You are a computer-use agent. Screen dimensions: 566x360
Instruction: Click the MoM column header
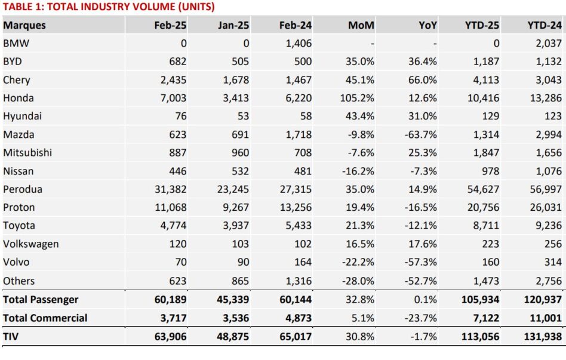pyautogui.click(x=361, y=25)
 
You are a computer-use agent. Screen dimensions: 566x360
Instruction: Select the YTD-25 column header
pyautogui.click(x=482, y=25)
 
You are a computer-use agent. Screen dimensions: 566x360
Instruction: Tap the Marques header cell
pyautogui.click(x=24, y=26)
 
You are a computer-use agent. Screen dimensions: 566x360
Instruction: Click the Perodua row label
pyautogui.click(x=23, y=189)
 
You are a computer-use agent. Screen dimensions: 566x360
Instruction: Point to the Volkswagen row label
pyautogui.click(x=31, y=244)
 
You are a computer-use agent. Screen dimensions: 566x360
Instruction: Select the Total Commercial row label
pyautogui.click(x=45, y=318)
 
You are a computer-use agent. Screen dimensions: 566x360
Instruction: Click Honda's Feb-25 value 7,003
pyautogui.click(x=173, y=99)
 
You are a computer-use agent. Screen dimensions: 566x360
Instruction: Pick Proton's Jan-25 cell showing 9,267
pyautogui.click(x=233, y=208)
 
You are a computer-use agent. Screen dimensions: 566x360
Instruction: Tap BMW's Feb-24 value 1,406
pyautogui.click(x=299, y=44)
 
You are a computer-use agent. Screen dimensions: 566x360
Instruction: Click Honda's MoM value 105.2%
pyautogui.click(x=357, y=99)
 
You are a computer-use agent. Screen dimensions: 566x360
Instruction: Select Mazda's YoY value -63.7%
pyautogui.click(x=420, y=135)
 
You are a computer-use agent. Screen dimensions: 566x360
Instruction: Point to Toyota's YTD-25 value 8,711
pyautogui.click(x=486, y=226)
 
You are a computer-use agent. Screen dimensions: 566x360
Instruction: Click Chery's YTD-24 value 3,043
pyautogui.click(x=549, y=80)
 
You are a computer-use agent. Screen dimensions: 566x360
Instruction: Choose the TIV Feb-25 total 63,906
pyautogui.click(x=170, y=337)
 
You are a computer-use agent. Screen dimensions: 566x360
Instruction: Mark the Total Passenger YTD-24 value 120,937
pyautogui.click(x=543, y=300)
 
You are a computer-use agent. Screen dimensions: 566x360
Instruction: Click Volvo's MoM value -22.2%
pyautogui.click(x=358, y=262)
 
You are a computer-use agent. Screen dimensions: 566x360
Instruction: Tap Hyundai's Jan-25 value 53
pyautogui.click(x=243, y=116)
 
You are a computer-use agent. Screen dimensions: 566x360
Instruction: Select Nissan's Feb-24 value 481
pyautogui.click(x=303, y=171)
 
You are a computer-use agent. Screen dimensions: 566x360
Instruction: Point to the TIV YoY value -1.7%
pyautogui.click(x=423, y=337)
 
